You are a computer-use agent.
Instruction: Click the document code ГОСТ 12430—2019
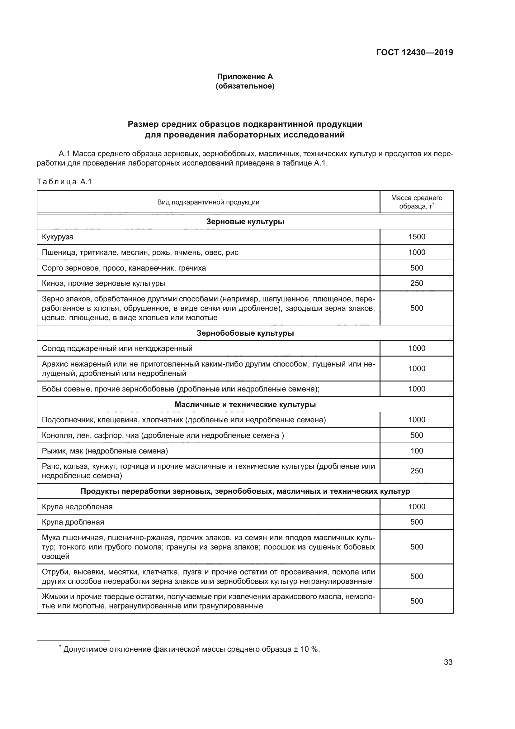pyautogui.click(x=414, y=52)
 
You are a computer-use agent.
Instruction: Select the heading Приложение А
pyautogui.click(x=245, y=77)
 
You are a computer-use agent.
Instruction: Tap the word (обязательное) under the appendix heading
pyautogui.click(x=245, y=86)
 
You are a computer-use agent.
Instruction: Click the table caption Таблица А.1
pyautogui.click(x=64, y=182)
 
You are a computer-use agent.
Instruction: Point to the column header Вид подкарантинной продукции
pyautogui.click(x=208, y=202)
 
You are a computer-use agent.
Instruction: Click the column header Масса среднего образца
pyautogui.click(x=416, y=202)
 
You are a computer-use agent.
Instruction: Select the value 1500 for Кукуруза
pyautogui.click(x=416, y=237)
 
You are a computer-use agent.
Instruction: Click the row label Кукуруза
pyautogui.click(x=58, y=237)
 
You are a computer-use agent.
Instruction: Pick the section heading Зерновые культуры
pyautogui.click(x=245, y=222)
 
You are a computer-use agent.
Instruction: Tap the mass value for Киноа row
pyautogui.click(x=416, y=283)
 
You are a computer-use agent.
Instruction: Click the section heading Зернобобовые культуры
pyautogui.click(x=245, y=333)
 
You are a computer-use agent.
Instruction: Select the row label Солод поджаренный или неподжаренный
pyautogui.click(x=117, y=349)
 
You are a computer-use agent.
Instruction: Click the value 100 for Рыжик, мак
pyautogui.click(x=416, y=451)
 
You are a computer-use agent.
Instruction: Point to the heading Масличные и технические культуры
pyautogui.click(x=245, y=405)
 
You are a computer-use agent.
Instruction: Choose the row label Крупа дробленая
pyautogui.click(x=73, y=522)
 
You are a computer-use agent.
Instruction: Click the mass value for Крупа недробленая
pyautogui.click(x=416, y=507)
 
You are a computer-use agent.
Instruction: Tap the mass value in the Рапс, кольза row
pyautogui.click(x=416, y=471)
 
